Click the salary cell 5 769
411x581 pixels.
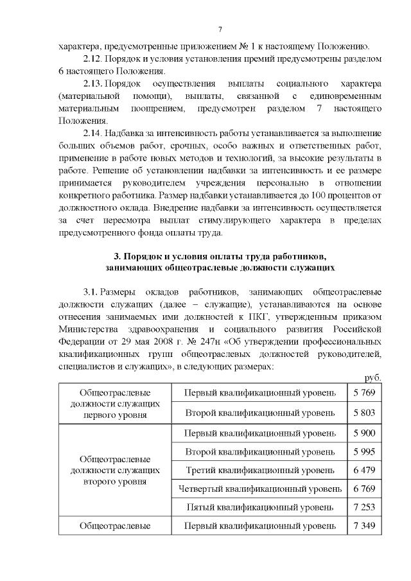(x=363, y=392)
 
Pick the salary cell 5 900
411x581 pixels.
(x=363, y=433)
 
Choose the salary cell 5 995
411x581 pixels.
(x=363, y=452)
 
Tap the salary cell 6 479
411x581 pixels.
(x=363, y=471)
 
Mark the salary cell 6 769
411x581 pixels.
(x=363, y=489)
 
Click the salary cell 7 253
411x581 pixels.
(x=363, y=507)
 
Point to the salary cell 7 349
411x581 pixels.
(x=363, y=526)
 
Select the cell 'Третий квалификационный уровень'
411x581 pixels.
(x=259, y=471)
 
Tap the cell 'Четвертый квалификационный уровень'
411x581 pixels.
(x=259, y=489)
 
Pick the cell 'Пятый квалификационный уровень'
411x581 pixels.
(x=259, y=507)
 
